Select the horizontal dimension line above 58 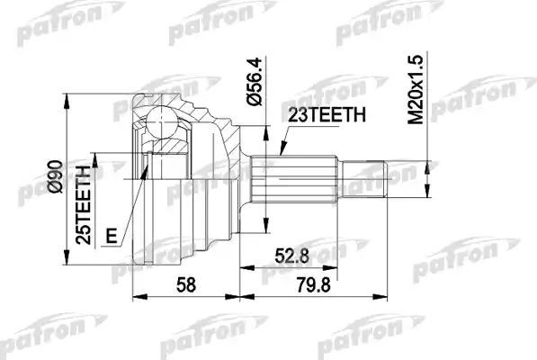pyautogui.click(x=186, y=297)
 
